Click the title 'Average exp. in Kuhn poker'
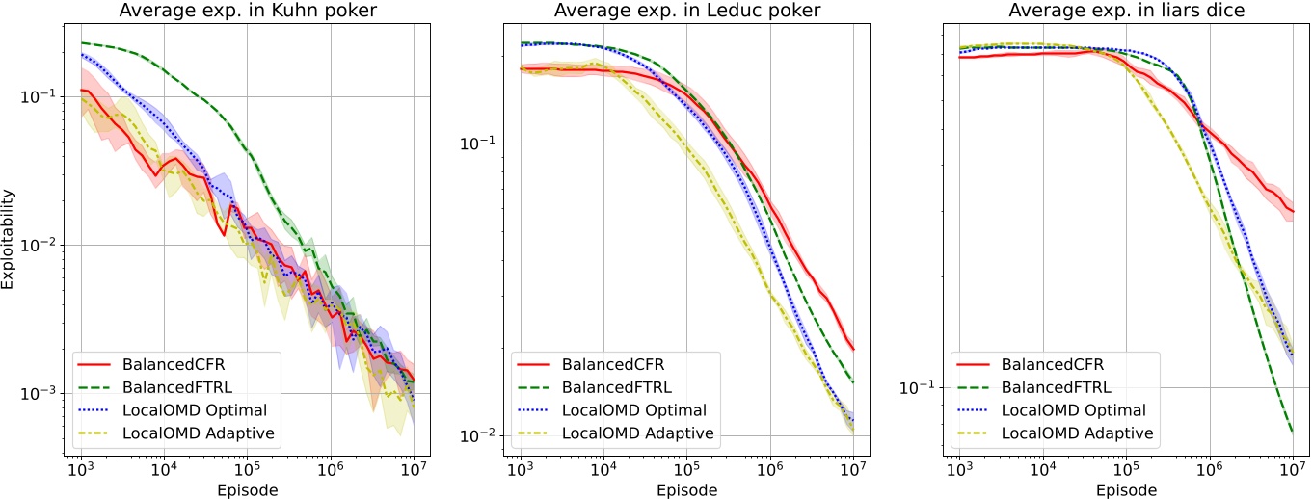pos(248,11)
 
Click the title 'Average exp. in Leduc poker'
pos(686,11)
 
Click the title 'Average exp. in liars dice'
pos(1125,11)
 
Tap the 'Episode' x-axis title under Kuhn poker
pos(248,489)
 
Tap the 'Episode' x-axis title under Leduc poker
pos(686,489)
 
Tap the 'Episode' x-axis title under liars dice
pos(1125,489)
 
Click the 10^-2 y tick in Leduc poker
pos(476,435)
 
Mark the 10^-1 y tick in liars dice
pos(915,387)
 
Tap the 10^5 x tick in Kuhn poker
pos(247,469)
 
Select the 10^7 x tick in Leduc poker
pos(852,469)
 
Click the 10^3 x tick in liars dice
pos(958,469)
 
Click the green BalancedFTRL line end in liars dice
pos(1292,432)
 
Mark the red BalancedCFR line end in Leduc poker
pos(853,350)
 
